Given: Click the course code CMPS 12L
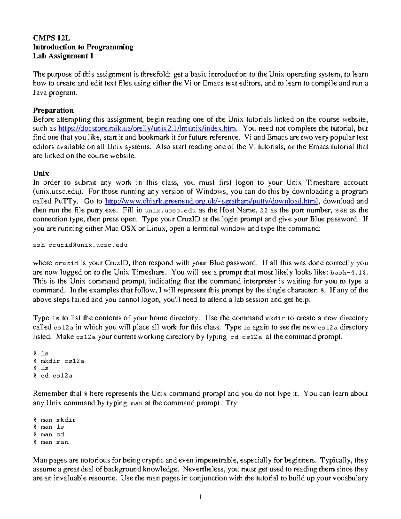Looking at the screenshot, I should pyautogui.click(x=51, y=38).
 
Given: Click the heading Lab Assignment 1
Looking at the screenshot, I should pyautogui.click(x=63, y=56).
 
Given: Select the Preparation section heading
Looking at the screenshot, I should pyautogui.click(x=53, y=110).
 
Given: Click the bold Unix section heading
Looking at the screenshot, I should pyautogui.click(x=41, y=173).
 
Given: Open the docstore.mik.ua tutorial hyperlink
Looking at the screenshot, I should pyautogui.click(x=147, y=129).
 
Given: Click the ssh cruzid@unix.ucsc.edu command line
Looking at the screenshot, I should pyautogui.click(x=80, y=245).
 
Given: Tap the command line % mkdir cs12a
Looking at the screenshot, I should pyautogui.click(x=58, y=361).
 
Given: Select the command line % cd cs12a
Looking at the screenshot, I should pyautogui.click(x=53, y=376).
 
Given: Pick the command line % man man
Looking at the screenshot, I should pyautogui.click(x=51, y=442).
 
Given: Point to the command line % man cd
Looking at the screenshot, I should pyautogui.click(x=49, y=435).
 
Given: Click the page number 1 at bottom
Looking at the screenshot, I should pyautogui.click(x=200, y=497).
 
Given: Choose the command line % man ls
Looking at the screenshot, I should pyautogui.click(x=49, y=427).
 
